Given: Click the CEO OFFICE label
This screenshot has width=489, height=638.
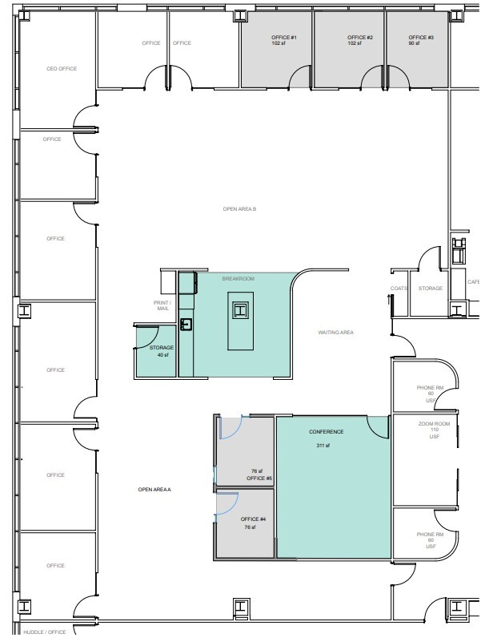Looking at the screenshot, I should coord(62,69).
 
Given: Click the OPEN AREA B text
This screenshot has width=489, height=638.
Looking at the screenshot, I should coord(239,208).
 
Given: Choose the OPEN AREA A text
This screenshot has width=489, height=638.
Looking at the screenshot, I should coord(155,489).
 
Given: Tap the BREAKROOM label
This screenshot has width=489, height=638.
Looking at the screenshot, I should coord(238,278).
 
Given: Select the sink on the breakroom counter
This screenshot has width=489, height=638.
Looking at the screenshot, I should coord(186,324).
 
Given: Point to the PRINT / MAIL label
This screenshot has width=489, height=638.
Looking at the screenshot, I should coord(162,305).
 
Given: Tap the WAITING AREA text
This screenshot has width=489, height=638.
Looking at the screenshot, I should coord(336,332).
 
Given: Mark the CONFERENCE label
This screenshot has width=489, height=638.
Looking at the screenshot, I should coord(326,432).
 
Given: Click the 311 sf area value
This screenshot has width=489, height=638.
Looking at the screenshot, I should coord(322,446).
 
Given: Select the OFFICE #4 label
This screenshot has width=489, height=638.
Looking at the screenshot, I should coord(253,519).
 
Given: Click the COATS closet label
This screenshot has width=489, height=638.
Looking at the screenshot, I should coord(399,289).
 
